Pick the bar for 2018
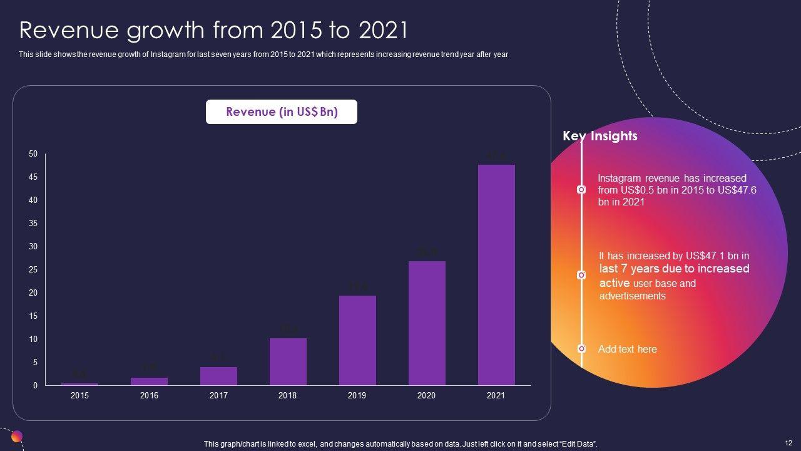point(288,361)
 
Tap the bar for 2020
point(427,323)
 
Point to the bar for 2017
point(218,376)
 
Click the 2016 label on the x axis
point(149,395)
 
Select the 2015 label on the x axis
point(79,395)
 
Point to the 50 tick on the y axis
point(33,154)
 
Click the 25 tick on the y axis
point(33,270)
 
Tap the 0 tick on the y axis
point(35,386)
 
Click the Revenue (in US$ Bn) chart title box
point(282,112)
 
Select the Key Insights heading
point(600,136)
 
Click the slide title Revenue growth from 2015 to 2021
point(213,30)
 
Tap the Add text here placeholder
point(627,349)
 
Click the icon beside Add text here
point(581,348)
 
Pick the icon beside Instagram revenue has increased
point(581,189)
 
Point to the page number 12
point(788,443)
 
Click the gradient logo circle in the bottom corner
point(17,437)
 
